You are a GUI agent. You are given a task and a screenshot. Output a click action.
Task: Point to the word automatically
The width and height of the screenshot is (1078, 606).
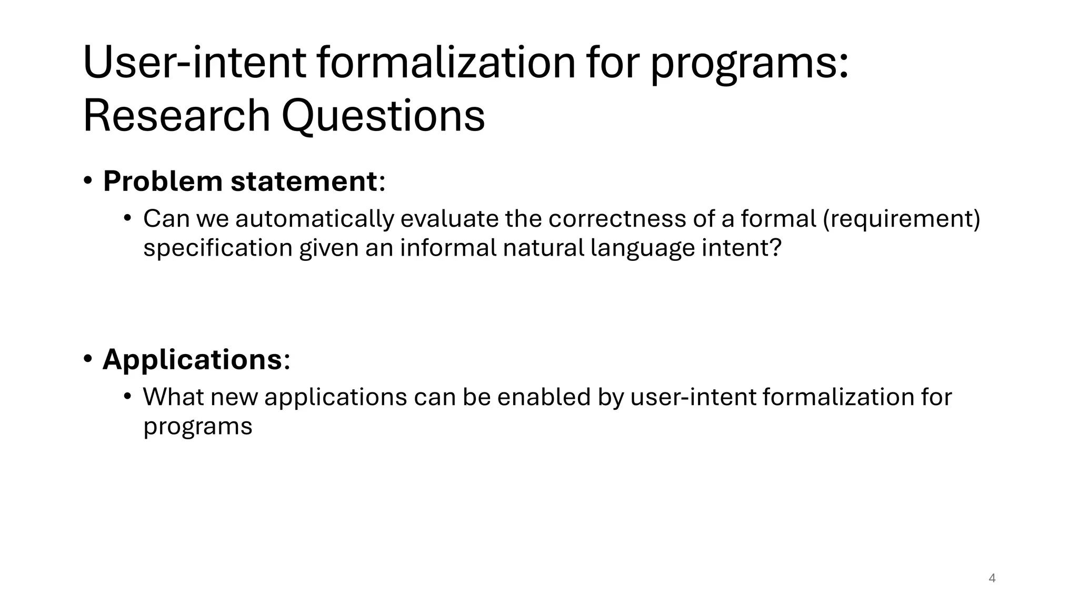pos(314,219)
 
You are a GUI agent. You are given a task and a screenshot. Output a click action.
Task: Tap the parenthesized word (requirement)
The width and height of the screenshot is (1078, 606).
pos(901,219)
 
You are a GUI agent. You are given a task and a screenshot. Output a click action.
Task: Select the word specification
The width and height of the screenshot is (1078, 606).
pos(217,248)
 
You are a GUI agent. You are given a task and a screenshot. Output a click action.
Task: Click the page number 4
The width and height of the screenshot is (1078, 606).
pos(992,578)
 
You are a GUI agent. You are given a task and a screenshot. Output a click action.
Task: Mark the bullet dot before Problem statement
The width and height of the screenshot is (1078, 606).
pos(88,181)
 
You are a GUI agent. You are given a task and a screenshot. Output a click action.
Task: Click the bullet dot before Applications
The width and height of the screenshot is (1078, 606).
pos(88,359)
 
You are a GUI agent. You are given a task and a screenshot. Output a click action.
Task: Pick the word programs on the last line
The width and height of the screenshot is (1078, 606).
pos(198,426)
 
